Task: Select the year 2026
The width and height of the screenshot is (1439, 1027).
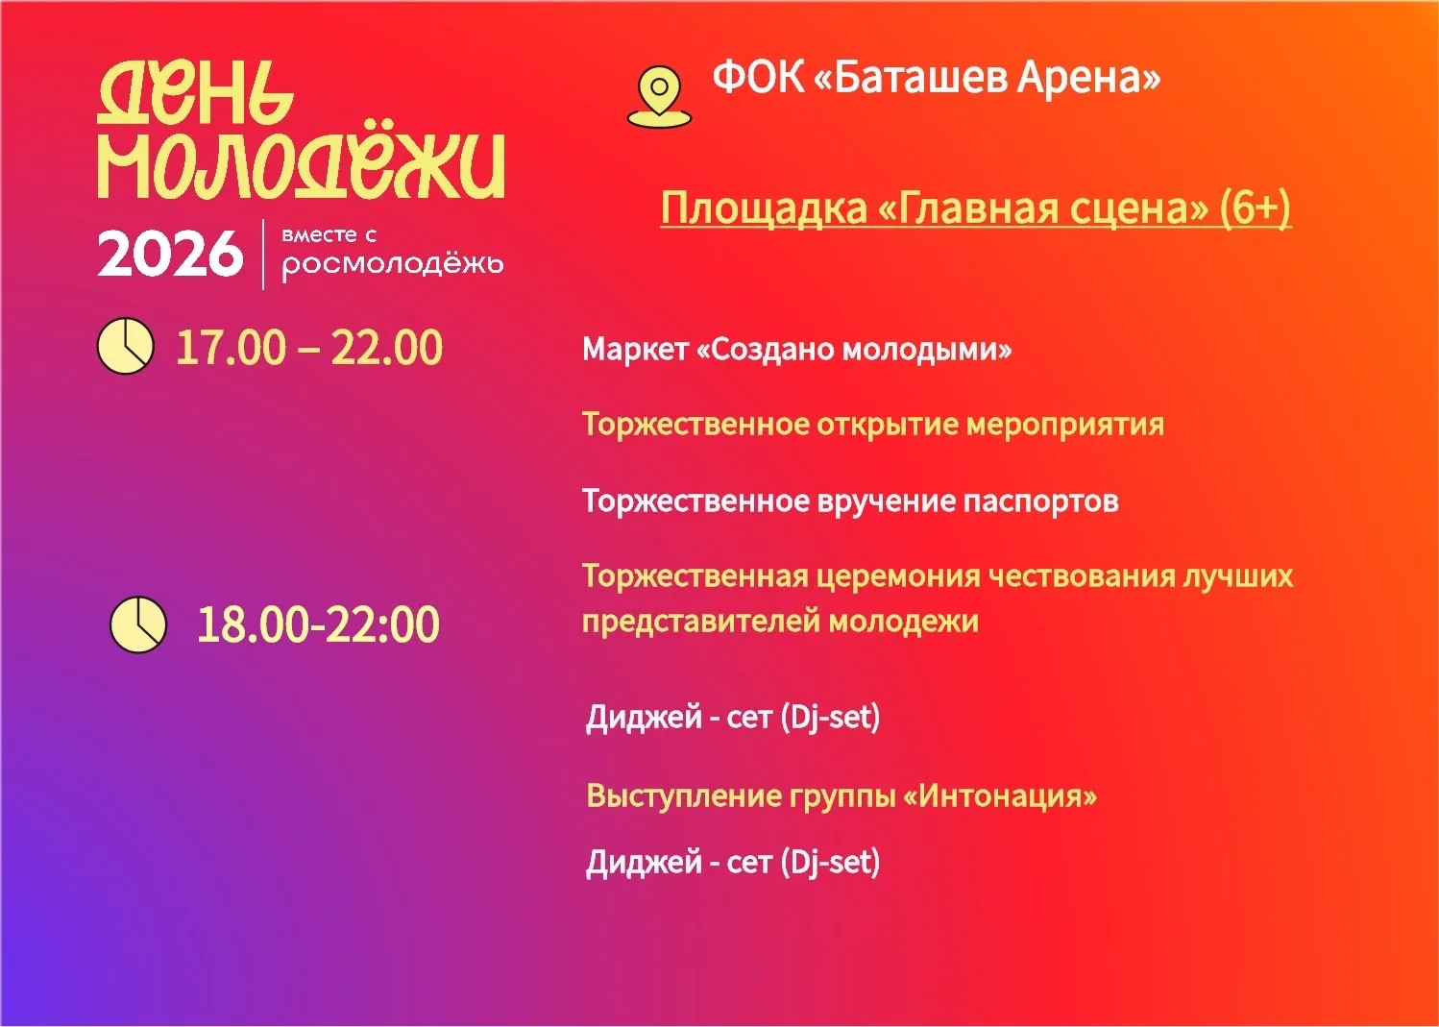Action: point(170,255)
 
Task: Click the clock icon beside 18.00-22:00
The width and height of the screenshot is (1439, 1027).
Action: point(138,624)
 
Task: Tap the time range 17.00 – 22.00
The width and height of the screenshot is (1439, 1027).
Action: point(309,347)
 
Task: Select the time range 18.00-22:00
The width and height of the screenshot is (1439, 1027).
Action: point(318,624)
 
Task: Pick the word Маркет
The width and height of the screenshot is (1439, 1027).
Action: point(635,349)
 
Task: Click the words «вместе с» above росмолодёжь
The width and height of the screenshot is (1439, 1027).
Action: point(329,235)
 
